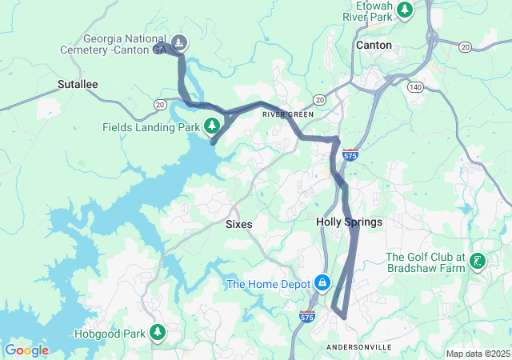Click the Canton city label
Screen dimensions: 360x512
point(374,46)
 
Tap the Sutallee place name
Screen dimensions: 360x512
point(78,83)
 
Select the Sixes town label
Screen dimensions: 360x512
point(238,225)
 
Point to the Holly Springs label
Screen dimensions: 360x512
point(349,222)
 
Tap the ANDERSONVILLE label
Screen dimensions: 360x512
point(359,346)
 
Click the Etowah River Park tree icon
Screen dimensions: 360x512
point(406,10)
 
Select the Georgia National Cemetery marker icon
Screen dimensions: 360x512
point(181,42)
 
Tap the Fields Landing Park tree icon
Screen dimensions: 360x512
point(212,126)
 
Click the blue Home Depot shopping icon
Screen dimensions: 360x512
point(322,283)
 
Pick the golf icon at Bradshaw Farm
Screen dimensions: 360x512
point(478,261)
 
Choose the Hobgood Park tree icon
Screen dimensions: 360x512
point(158,332)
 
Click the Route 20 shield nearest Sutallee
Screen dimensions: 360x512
point(161,104)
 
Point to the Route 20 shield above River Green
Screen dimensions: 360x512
point(319,99)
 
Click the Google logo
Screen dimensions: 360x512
point(26,350)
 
